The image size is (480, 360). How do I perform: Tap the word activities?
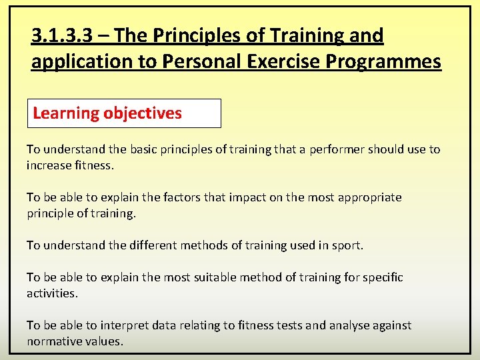(x=52, y=293)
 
